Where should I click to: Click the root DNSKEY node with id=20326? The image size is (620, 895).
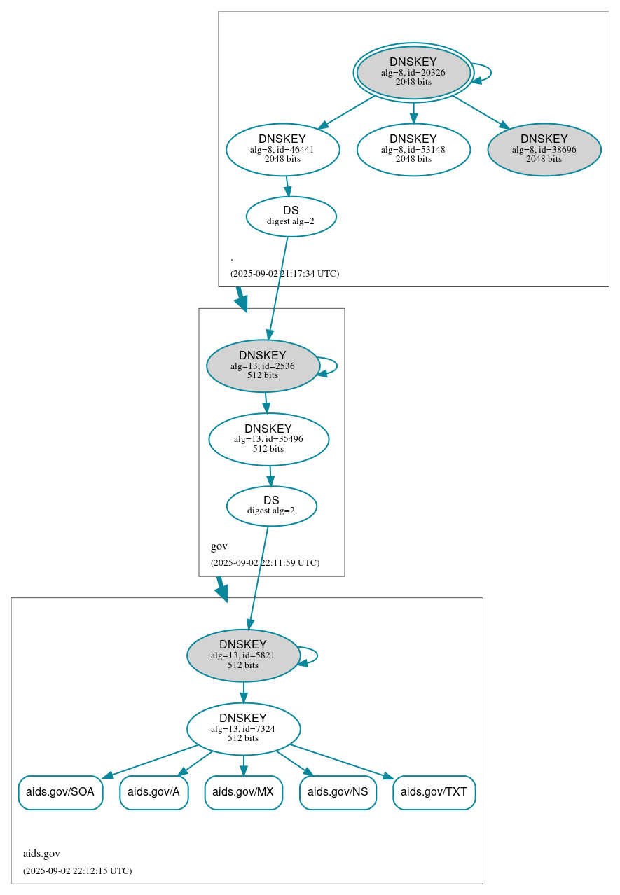coord(413,72)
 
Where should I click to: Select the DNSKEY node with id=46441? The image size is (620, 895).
coord(282,149)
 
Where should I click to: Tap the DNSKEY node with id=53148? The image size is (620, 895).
coord(413,149)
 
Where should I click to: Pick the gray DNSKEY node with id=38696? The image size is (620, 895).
coord(544,149)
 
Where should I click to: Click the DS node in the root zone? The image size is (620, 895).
coord(291,216)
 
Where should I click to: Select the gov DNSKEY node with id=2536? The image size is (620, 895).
coord(263,366)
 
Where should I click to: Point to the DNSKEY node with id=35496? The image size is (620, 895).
coord(268,439)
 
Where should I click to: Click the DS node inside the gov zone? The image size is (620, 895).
coord(271,506)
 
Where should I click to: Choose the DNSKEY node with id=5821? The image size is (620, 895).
coord(243,655)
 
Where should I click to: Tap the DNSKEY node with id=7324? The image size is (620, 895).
coord(243,728)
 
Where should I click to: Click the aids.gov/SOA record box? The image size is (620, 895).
coord(60,792)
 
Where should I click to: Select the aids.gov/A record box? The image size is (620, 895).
coord(153,792)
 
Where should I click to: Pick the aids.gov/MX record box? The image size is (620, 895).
coord(243,792)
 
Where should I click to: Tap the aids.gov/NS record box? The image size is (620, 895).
coord(338,792)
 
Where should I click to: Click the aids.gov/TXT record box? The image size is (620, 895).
coord(434,792)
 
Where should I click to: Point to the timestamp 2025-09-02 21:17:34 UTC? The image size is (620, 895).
coord(284,273)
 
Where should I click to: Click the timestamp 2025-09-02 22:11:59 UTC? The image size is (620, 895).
coord(265,562)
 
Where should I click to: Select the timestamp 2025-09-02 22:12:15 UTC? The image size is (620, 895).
coord(77,870)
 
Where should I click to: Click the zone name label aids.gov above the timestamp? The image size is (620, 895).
coord(41,854)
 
